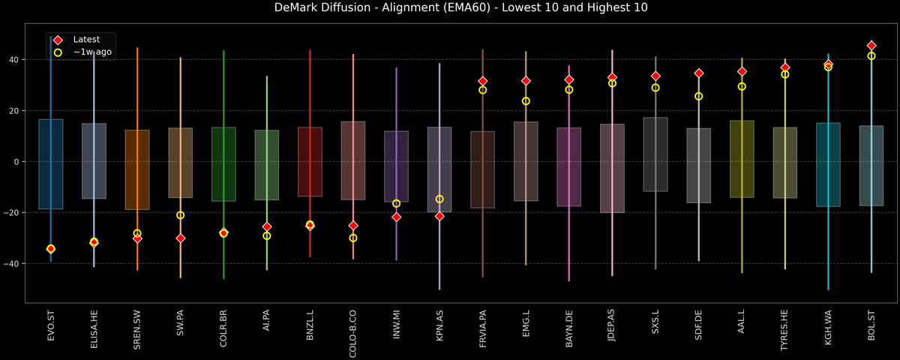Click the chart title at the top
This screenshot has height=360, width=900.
450,8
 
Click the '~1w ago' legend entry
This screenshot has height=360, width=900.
92,52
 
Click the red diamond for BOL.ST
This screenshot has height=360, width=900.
871,46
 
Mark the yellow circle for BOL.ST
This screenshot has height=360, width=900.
871,56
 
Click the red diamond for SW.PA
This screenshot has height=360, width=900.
180,238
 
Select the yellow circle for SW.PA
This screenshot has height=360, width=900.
180,215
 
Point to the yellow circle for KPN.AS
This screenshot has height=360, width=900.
439,199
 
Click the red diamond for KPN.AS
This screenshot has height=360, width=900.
439,216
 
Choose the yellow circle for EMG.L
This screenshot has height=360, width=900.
526,101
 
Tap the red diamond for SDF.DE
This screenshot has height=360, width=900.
698,73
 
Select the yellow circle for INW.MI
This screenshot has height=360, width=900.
396,203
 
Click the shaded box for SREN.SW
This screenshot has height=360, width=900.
137,169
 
